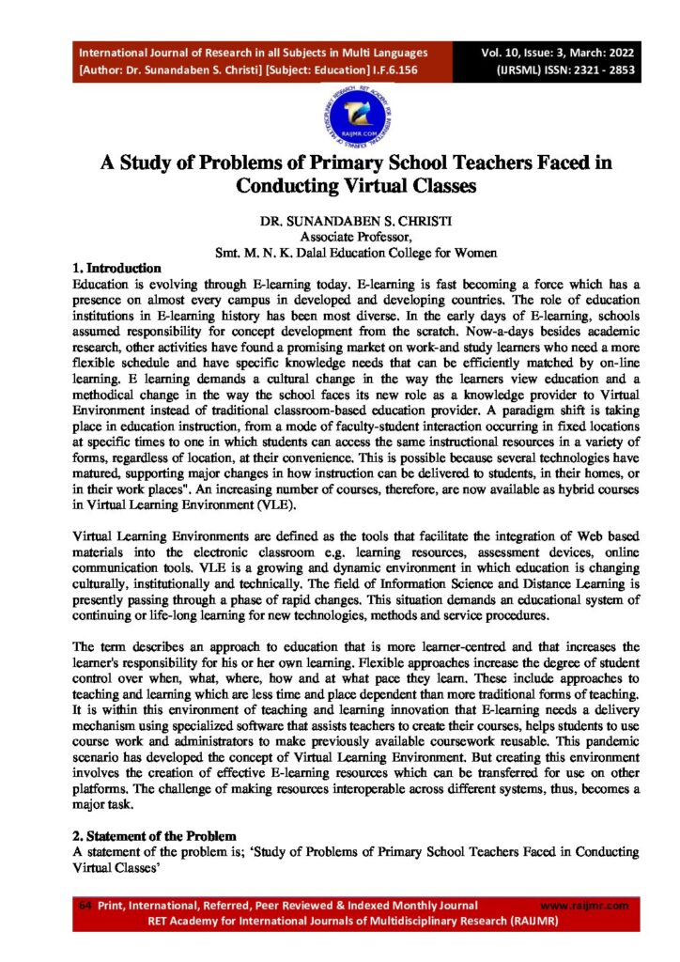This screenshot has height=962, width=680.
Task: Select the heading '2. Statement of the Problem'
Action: click(156, 834)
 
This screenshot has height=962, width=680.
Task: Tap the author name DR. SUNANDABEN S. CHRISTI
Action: click(339, 223)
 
